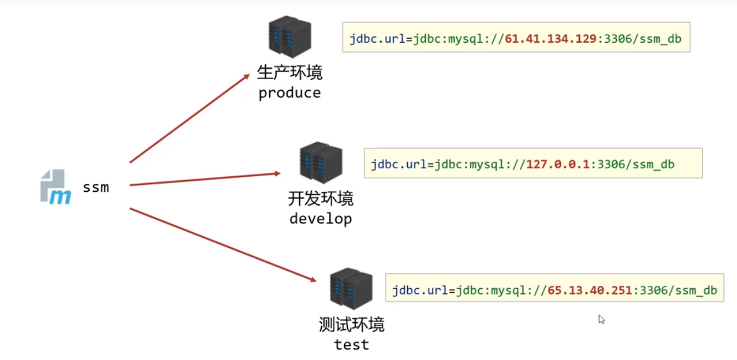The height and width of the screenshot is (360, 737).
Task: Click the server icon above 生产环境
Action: (x=289, y=37)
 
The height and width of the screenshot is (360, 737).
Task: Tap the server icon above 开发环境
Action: (x=321, y=162)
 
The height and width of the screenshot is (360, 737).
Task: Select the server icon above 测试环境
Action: (x=351, y=288)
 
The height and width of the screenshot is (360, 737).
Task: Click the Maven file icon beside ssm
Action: (x=55, y=186)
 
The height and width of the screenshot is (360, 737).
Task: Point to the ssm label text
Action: (x=96, y=187)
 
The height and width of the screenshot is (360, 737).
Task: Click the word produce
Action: (x=290, y=93)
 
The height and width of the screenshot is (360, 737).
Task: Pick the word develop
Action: (x=321, y=219)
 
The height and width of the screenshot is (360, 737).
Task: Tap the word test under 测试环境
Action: (x=351, y=345)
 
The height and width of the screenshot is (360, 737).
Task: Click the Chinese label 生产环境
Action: (x=290, y=74)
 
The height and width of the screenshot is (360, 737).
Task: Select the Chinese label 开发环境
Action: (x=321, y=199)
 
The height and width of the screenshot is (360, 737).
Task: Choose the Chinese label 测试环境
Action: (x=351, y=325)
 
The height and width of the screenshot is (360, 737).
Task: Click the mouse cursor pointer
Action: (x=601, y=319)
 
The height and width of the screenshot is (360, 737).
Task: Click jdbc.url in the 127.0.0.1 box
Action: (x=395, y=165)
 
